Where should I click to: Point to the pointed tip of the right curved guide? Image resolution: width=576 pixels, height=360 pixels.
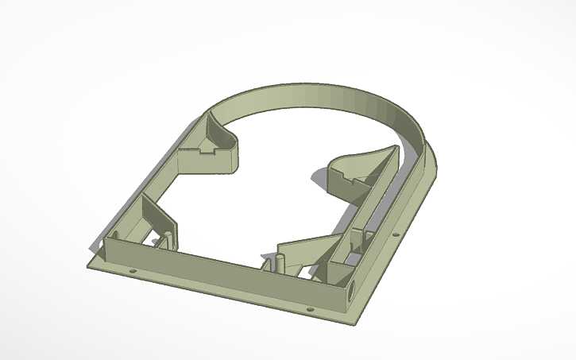388,149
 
